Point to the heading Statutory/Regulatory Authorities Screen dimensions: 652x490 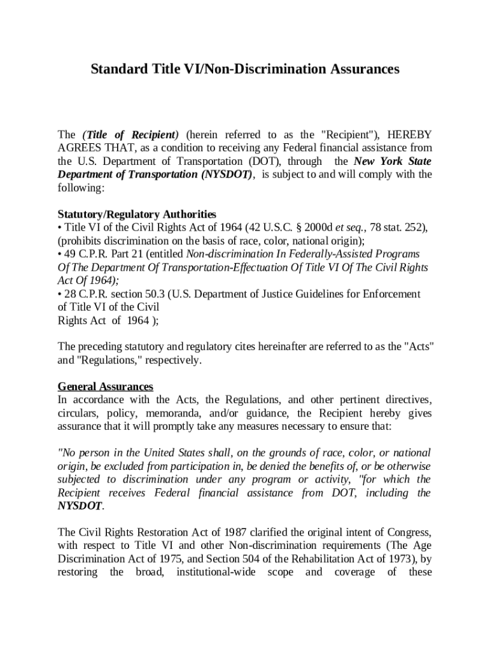coord(137,215)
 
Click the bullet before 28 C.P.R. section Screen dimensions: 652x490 coord(60,294)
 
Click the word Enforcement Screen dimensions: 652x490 coord(393,294)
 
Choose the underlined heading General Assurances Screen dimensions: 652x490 coord(106,386)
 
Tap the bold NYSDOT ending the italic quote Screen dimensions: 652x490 coord(80,506)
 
